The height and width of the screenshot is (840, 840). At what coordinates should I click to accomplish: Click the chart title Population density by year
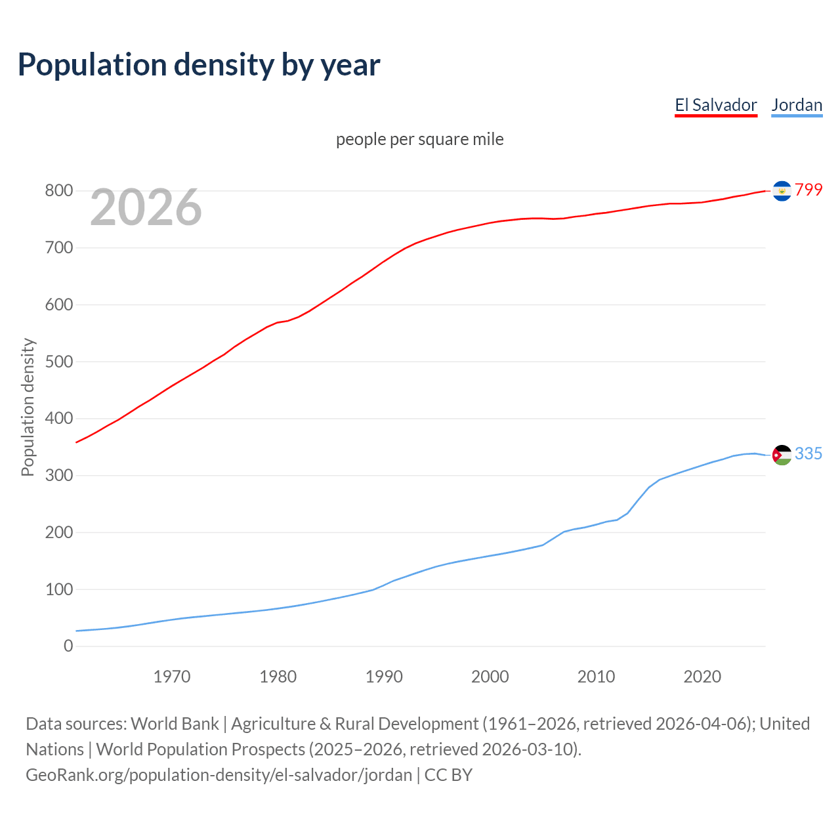click(199, 65)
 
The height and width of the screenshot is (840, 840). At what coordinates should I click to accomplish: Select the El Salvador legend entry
click(716, 105)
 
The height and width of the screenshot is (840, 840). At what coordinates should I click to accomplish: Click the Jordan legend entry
click(797, 105)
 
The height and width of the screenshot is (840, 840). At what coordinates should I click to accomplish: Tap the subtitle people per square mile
click(420, 139)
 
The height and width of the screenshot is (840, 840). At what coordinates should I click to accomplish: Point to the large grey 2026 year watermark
click(146, 207)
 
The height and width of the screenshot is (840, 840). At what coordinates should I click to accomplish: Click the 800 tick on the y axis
click(58, 191)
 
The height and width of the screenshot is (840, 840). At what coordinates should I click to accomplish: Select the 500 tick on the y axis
click(58, 362)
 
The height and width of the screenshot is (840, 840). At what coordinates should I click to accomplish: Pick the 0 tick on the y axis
click(68, 646)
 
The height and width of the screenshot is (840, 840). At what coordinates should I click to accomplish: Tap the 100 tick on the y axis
click(58, 589)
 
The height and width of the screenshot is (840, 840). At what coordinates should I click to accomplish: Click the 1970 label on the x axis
click(172, 677)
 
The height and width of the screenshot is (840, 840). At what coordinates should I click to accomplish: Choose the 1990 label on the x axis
click(384, 677)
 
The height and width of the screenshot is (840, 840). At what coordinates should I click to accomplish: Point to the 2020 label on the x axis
click(702, 677)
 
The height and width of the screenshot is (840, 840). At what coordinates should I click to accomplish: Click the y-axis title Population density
click(28, 407)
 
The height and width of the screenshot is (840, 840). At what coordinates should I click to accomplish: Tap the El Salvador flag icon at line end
click(782, 190)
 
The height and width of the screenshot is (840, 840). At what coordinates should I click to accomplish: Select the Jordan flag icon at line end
click(782, 455)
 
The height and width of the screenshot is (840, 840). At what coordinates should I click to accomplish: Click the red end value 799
click(808, 190)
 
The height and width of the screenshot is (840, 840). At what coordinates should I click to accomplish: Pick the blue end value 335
click(808, 453)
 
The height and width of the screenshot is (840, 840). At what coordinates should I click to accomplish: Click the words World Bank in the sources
click(175, 723)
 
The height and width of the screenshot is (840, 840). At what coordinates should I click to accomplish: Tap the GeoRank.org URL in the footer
click(219, 774)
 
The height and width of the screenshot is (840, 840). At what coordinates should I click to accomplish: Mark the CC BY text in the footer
click(448, 774)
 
